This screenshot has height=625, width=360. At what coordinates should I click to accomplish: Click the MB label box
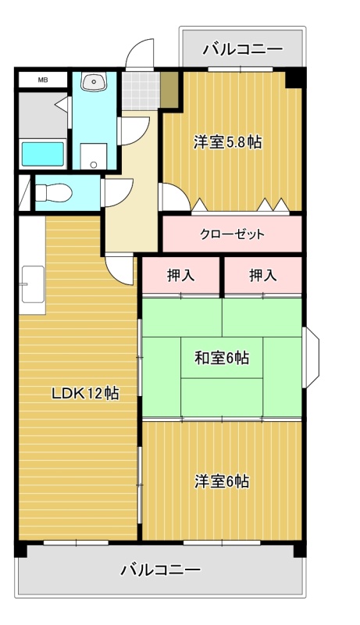click(x=43, y=80)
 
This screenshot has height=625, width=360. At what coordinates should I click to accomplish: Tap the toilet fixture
click(x=54, y=193)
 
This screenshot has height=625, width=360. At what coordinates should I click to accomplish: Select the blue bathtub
click(x=43, y=154)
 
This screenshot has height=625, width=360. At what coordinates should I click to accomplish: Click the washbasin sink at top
click(x=94, y=81)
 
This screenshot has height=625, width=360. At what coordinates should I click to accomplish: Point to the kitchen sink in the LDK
click(x=33, y=284)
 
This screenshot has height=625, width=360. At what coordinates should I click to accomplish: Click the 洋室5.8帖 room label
click(x=228, y=142)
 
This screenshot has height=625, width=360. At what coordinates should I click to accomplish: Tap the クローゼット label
click(x=232, y=234)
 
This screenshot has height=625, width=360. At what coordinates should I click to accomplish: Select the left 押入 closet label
click(x=181, y=276)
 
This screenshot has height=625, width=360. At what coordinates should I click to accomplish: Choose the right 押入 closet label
click(x=263, y=276)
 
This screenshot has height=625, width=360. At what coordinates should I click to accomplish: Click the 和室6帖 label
click(x=222, y=358)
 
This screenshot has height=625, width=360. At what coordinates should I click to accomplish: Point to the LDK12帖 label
click(x=86, y=394)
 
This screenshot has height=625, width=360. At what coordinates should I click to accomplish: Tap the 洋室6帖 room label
click(x=222, y=481)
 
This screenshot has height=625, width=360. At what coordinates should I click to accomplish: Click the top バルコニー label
click(x=243, y=50)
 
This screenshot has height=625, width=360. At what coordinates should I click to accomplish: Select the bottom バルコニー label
click(x=161, y=570)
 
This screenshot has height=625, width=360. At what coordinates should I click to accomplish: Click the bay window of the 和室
click(x=311, y=357)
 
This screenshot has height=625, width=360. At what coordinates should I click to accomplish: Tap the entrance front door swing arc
click(x=140, y=54)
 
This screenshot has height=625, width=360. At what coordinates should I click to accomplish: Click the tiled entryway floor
click(x=141, y=91)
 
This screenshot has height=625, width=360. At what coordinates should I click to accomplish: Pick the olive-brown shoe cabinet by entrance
click(x=169, y=90)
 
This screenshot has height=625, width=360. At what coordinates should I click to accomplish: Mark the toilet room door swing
click(x=118, y=193)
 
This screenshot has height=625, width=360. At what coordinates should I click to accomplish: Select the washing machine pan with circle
click(x=94, y=156)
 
